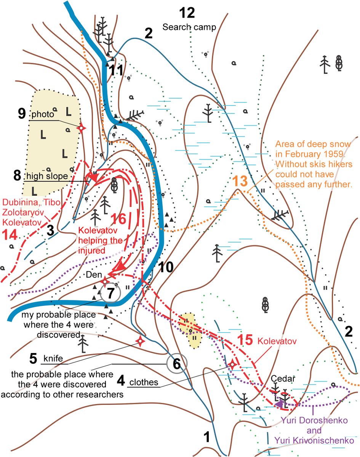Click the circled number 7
pos(110,293)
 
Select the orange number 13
pos(240,181)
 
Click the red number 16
pos(118,219)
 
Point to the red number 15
pos(245,340)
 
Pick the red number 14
pos(10,235)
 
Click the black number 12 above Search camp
pos(187,13)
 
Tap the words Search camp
pos(189,27)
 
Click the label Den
pos(94,275)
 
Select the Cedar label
pos(283,379)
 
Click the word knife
pos(53,358)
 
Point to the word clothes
pos(144,382)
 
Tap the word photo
pos(43,115)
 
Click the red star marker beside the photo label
pos(81,128)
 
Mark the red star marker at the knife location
pos(140,341)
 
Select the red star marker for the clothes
pos(232,364)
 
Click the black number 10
pos(166,267)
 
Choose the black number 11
pos(116,70)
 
